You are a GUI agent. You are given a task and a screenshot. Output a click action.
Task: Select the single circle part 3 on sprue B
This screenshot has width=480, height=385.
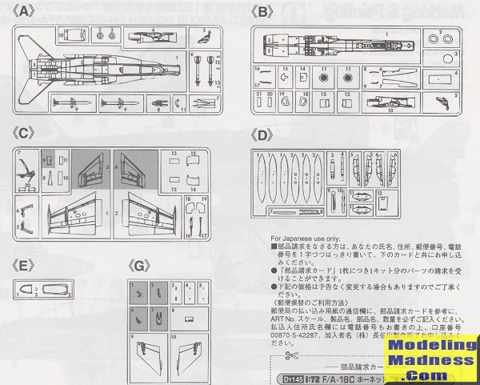tap(324, 79)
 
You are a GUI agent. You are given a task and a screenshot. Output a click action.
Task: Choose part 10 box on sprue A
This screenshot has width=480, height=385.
tap(73, 34)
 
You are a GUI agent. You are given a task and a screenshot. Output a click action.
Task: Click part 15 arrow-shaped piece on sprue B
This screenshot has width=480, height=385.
tap(285, 79)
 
